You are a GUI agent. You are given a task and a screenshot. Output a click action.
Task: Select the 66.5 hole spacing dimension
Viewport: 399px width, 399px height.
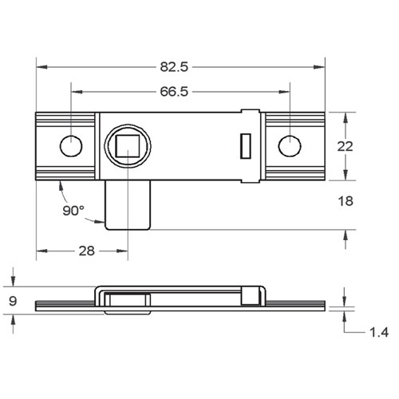(x=173, y=92)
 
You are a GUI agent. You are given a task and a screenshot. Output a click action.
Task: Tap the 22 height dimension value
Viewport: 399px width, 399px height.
(x=345, y=147)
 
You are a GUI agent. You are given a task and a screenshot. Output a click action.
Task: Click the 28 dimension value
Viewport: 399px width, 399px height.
(x=85, y=251)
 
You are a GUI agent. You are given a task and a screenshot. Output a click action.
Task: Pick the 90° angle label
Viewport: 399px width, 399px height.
(x=73, y=211)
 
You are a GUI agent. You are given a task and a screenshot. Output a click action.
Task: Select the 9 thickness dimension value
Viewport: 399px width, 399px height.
(x=12, y=302)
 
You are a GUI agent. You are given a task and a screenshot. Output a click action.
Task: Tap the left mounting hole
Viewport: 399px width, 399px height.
(x=71, y=146)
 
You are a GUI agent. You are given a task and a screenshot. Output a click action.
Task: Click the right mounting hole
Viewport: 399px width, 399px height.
(x=289, y=145)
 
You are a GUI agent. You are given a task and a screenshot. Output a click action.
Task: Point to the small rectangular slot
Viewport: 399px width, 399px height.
(x=246, y=146)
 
